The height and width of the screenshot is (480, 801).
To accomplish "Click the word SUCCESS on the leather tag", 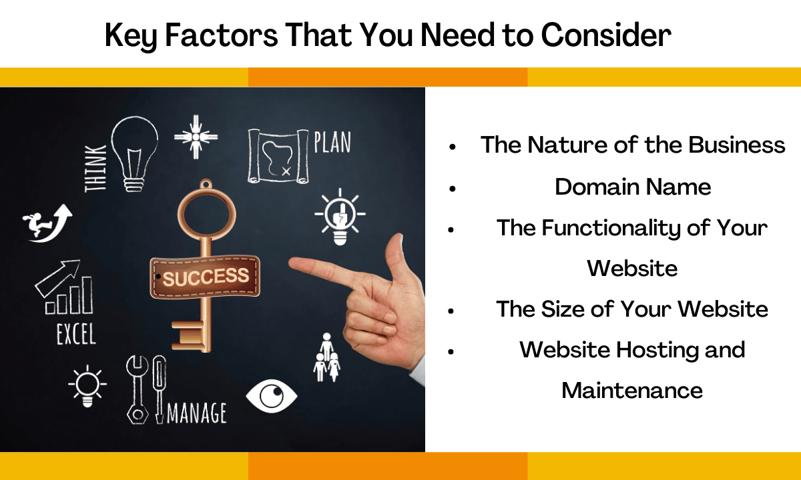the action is (x=206, y=277).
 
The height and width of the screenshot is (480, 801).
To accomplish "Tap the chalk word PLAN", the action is (x=332, y=142).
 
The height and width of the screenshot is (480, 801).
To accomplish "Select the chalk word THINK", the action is (x=95, y=168).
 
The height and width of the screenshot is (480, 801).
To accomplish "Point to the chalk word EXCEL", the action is (x=77, y=333).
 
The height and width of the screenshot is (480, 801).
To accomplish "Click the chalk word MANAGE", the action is (x=197, y=413).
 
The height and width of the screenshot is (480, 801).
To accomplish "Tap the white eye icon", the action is (x=272, y=396).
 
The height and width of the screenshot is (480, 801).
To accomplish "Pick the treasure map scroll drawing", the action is (x=278, y=157).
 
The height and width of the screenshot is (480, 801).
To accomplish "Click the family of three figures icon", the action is (x=327, y=357).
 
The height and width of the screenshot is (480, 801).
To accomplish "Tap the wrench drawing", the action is (x=137, y=389).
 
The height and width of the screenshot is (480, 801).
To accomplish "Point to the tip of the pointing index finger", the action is (x=290, y=263).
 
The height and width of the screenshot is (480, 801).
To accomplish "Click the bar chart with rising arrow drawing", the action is (x=64, y=287).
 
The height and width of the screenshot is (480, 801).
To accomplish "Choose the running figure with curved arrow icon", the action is (x=47, y=223).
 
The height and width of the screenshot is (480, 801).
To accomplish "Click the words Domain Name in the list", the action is (x=633, y=187).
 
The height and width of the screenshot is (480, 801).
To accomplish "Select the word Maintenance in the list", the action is (x=632, y=391).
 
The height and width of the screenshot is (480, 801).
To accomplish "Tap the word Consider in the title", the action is (x=606, y=35).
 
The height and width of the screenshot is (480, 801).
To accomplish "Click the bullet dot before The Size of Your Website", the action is (x=451, y=311).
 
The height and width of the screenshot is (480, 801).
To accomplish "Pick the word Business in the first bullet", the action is (x=737, y=145).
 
